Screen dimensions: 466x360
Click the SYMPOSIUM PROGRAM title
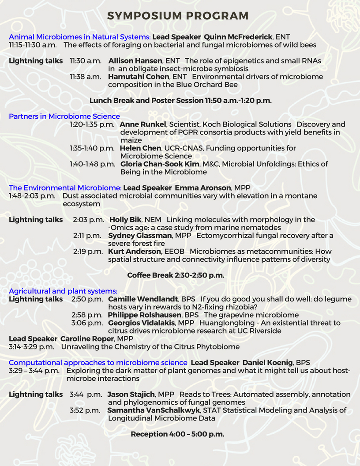click(x=178, y=16)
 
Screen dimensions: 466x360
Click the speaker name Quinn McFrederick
click(x=238, y=37)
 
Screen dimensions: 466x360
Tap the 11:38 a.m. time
click(x=86, y=77)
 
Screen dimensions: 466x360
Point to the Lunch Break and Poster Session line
click(x=180, y=101)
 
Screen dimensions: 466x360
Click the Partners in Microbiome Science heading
click(x=64, y=116)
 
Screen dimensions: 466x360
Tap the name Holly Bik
click(x=125, y=220)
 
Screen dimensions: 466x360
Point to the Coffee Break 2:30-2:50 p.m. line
click(x=176, y=275)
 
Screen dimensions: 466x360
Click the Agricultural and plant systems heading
click(x=63, y=291)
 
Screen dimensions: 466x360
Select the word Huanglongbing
click(x=223, y=323)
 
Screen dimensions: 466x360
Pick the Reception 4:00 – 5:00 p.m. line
click(x=177, y=434)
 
